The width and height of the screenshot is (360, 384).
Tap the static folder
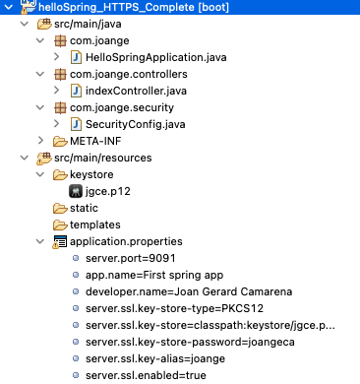point(86,208)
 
